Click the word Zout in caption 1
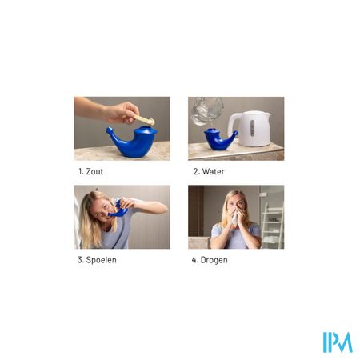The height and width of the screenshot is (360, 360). coord(94,171)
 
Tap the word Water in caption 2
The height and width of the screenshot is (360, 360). coord(214,171)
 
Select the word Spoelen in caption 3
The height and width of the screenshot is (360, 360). coord(102,260)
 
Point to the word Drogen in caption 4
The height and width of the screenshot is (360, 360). coord(214,260)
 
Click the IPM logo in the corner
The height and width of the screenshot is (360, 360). coord(338,342)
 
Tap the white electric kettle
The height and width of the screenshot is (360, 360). coord(250,129)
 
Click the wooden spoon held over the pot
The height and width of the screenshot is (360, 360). coord(144,119)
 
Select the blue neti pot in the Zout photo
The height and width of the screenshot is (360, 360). coord(133,142)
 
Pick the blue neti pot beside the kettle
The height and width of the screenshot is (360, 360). coord(219,139)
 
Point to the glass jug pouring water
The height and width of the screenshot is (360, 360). coord(206,110)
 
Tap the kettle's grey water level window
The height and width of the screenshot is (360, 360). coord(252,128)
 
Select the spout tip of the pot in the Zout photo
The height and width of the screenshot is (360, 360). coord(109,130)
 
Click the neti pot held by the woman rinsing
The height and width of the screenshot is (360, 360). coord(118,210)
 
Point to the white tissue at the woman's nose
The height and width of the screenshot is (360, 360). coord(235,218)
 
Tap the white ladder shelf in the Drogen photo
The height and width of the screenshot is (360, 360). coord(272,226)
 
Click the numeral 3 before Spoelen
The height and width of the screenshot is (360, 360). coord(80,260)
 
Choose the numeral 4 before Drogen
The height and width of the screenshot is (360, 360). coord(194,260)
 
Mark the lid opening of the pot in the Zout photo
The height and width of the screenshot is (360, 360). coord(146,129)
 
